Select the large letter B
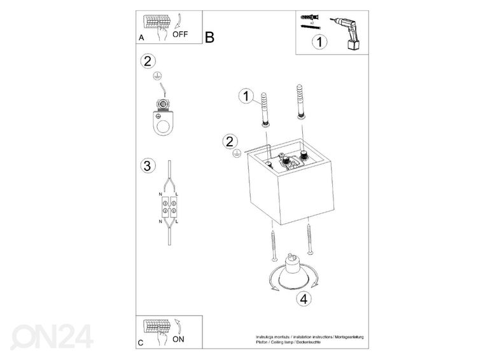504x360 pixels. pos(210,38)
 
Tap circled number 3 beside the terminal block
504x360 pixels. pos(147,167)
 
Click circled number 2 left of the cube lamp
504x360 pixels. pos(230,141)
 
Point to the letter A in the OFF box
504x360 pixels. pos(141,38)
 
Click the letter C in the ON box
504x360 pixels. pos(141,343)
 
